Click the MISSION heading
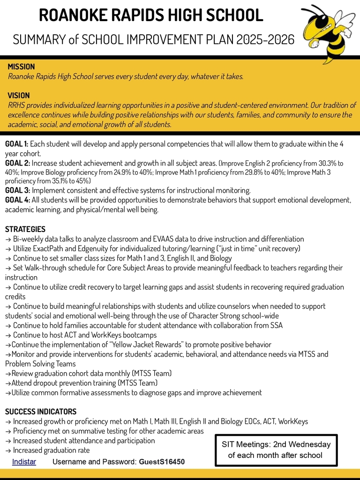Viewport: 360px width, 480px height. tap(21, 67)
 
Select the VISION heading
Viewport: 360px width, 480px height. tap(19, 96)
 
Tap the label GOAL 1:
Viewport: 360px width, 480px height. tap(17, 144)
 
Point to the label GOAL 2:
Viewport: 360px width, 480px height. tap(17, 163)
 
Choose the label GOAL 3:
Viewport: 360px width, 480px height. tap(17, 190)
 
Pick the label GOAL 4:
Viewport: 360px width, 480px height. tap(17, 200)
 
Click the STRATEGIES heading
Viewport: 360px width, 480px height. tap(25, 229)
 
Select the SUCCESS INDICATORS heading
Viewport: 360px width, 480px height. tap(41, 412)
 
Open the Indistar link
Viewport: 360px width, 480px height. tap(24, 462)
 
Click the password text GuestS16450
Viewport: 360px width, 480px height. tap(162, 462)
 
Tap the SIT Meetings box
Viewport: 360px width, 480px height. tap(276, 450)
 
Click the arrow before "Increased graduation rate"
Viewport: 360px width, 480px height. tap(8, 450)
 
